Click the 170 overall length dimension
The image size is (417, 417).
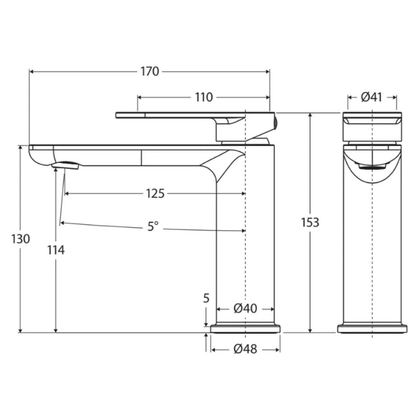(x=149, y=72)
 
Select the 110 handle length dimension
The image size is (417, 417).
(x=203, y=98)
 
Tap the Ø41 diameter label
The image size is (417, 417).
(x=372, y=98)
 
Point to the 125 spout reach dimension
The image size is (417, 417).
(x=155, y=193)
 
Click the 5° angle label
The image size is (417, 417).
(x=153, y=226)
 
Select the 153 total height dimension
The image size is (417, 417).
(x=310, y=222)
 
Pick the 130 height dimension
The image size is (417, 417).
(x=21, y=239)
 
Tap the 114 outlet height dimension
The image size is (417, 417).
(x=56, y=250)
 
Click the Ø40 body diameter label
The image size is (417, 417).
(x=245, y=308)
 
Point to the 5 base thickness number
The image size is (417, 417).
(x=206, y=298)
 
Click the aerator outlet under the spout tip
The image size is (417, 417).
(x=65, y=166)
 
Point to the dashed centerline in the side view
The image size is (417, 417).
(x=246, y=259)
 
